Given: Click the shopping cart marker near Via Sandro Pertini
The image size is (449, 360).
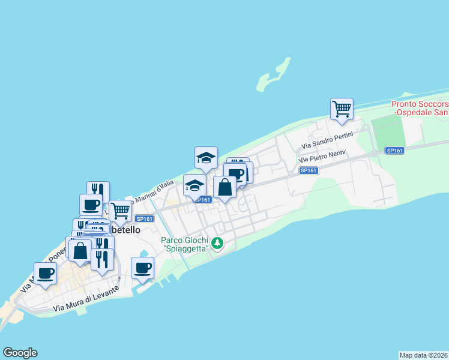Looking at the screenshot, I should pos(342,109).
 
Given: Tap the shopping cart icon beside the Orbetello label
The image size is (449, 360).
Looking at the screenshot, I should pos(121,211).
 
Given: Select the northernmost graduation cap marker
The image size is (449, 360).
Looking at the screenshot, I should pos(206,158).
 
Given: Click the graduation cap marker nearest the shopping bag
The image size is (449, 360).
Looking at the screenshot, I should pos(194,185).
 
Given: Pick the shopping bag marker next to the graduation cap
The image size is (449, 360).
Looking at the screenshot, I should pos(224,187).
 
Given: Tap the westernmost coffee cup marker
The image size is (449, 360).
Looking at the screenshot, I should pos(45,273).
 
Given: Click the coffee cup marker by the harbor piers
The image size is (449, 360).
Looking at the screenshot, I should pos(142,268).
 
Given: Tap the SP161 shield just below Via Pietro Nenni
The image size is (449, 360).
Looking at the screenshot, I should pos(308,170).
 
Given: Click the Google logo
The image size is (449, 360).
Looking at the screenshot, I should pos(20,353).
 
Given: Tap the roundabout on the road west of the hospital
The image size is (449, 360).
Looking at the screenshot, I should pos(375,154).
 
